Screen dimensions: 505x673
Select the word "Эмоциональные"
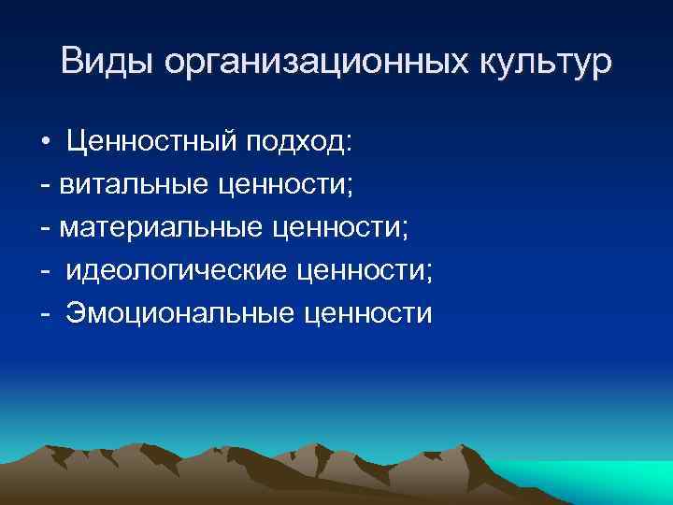180,313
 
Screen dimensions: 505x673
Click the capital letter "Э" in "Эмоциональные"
76,313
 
